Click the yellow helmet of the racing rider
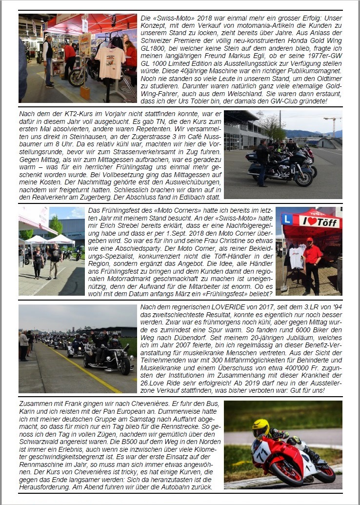point(261,428)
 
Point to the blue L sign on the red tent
point(287,220)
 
